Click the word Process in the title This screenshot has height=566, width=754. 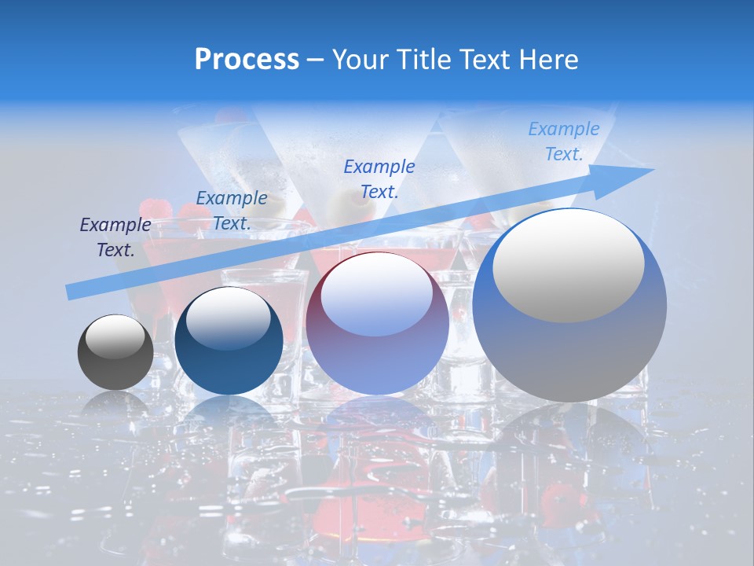click(x=247, y=60)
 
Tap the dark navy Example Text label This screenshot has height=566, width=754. click(x=115, y=237)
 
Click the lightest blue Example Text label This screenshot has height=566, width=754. click(x=564, y=141)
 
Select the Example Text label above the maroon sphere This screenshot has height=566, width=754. click(x=379, y=178)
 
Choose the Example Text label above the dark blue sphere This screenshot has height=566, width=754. click(x=232, y=211)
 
